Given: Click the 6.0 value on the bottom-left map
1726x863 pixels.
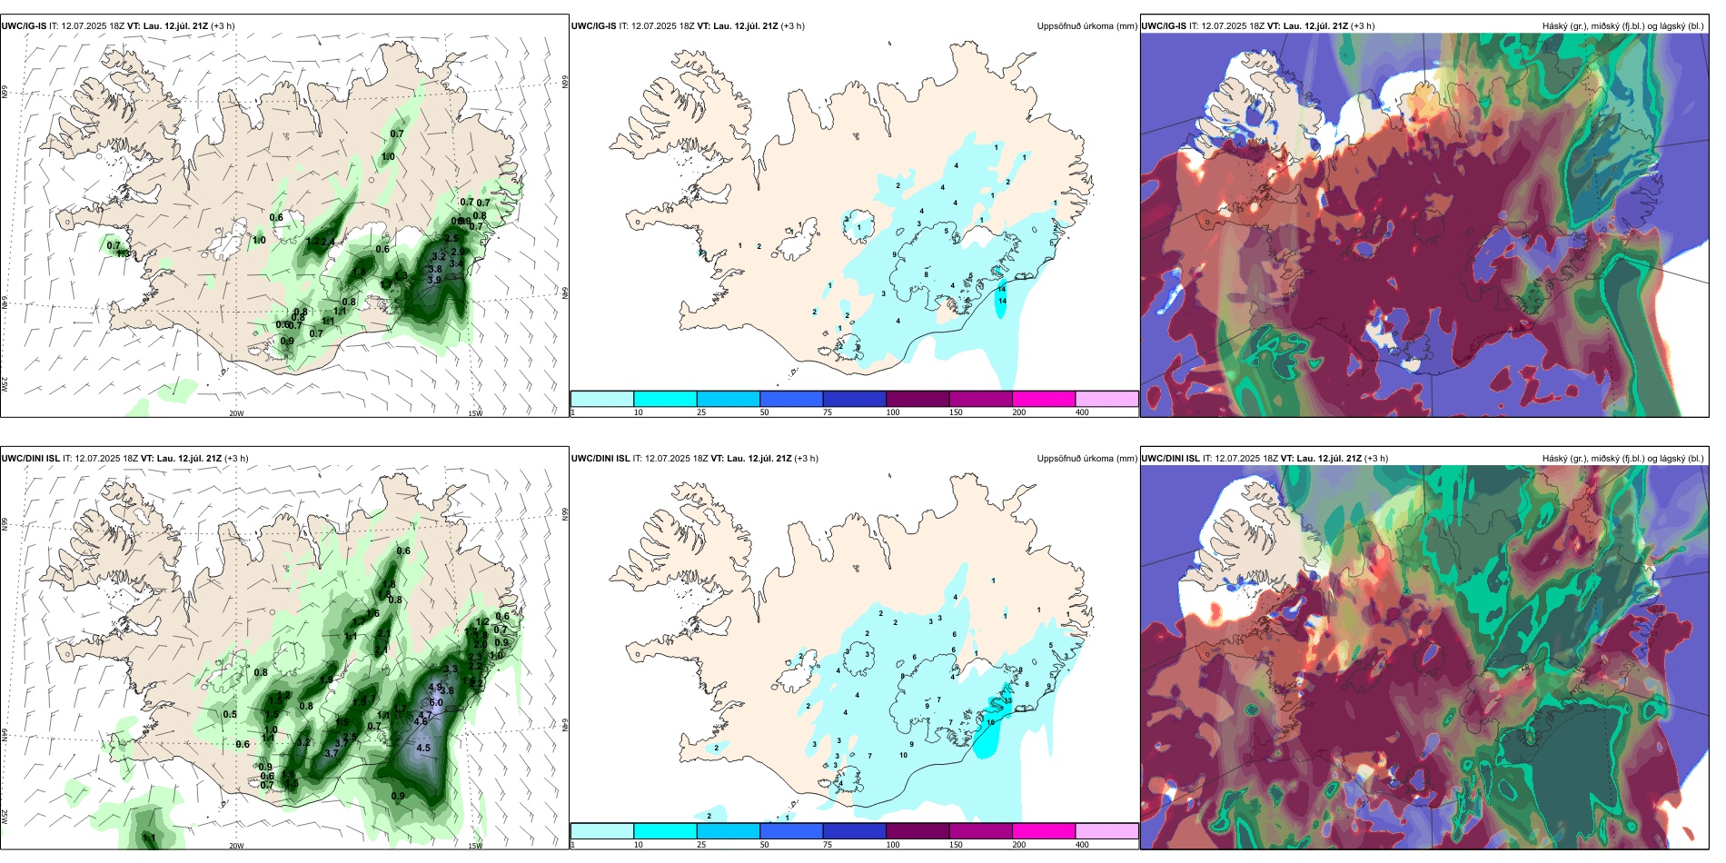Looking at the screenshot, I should pyautogui.click(x=436, y=702).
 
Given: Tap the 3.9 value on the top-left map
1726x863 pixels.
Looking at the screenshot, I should pyautogui.click(x=434, y=281).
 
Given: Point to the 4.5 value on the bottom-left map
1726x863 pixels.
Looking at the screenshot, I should pyautogui.click(x=423, y=749).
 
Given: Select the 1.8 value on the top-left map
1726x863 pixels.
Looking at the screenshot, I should pyautogui.click(x=360, y=272).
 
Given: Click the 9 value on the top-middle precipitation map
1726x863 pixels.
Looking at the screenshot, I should pyautogui.click(x=895, y=255).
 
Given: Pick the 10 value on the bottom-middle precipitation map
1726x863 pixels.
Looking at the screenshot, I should pyautogui.click(x=904, y=755).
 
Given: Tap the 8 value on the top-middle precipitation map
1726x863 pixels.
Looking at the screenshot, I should pyautogui.click(x=927, y=274).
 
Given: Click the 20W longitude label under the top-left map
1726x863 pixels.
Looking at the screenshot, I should pyautogui.click(x=236, y=413).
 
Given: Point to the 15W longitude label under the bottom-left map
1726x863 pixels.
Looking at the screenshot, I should pyautogui.click(x=475, y=846).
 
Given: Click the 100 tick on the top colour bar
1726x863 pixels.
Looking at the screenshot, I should pyautogui.click(x=893, y=412).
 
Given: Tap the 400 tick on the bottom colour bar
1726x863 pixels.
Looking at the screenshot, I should pyautogui.click(x=1082, y=845).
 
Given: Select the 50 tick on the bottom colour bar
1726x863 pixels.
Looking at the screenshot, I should pyautogui.click(x=764, y=845).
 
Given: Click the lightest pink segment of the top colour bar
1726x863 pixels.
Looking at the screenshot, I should pyautogui.click(x=1106, y=399).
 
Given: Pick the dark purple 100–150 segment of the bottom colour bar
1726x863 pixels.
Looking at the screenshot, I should pyautogui.click(x=918, y=831).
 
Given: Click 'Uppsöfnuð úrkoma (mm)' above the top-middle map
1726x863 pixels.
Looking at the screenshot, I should pyautogui.click(x=1086, y=26).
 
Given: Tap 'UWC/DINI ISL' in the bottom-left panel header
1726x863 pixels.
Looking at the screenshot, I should pyautogui.click(x=31, y=459).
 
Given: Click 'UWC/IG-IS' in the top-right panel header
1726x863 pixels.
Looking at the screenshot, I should pyautogui.click(x=1164, y=26).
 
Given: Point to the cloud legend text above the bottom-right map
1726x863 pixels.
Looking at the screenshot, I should pyautogui.click(x=1622, y=459).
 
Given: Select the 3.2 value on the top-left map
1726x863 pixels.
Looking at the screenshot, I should pyautogui.click(x=439, y=257).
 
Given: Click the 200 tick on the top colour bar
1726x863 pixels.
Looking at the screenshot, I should pyautogui.click(x=1019, y=412).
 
